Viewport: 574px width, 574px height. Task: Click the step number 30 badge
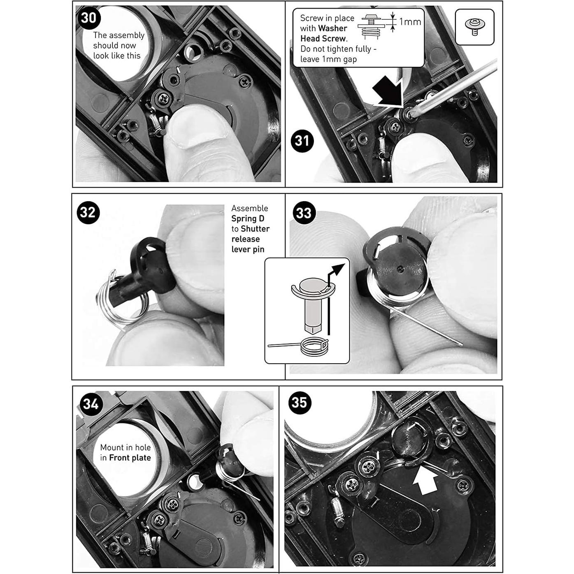(89, 18)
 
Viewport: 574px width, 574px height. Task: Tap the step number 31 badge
(302, 141)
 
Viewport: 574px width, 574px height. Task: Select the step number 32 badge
(88, 212)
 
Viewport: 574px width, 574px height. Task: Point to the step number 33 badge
(304, 213)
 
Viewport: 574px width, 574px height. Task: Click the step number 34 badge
(91, 404)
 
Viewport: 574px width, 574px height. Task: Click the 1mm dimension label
(410, 22)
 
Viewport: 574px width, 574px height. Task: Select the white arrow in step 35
(425, 480)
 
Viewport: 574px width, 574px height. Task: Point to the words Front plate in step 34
(130, 458)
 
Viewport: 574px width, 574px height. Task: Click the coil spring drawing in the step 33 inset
(314, 346)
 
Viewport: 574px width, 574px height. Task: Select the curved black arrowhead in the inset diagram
(338, 270)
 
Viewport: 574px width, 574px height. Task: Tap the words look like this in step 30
(117, 56)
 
